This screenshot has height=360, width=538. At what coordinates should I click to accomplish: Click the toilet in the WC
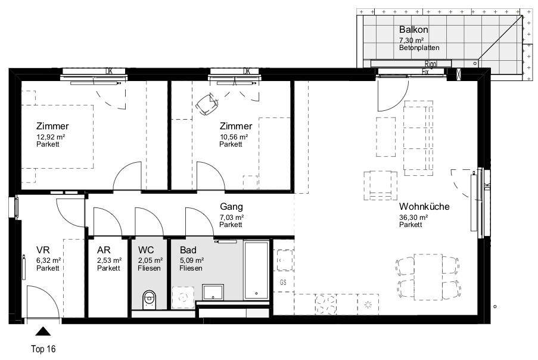[x=148, y=300]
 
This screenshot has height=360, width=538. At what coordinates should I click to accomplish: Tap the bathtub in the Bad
[x=256, y=270]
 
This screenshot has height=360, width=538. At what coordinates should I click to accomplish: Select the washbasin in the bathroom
[x=213, y=293]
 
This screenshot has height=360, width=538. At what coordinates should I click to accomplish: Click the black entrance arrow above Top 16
[x=43, y=331]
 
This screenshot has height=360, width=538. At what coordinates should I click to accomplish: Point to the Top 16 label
[x=43, y=349]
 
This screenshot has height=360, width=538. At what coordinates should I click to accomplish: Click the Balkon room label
[x=413, y=30]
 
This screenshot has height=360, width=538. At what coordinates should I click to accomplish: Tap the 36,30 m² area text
[x=413, y=217]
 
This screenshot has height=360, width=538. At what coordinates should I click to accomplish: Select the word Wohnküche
[x=424, y=207]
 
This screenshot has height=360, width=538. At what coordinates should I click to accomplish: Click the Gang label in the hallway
[x=231, y=207]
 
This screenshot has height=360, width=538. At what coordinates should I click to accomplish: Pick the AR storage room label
[x=104, y=250]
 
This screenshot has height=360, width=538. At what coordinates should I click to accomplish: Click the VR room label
[x=43, y=250]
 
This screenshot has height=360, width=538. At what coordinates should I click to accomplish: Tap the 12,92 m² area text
[x=51, y=137]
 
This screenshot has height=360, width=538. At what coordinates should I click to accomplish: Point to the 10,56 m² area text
[x=234, y=137]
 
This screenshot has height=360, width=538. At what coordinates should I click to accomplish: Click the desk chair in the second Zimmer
[x=207, y=104]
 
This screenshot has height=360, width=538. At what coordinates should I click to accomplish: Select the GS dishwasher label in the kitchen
[x=283, y=283]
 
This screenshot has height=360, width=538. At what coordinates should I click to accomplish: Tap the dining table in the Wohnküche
[x=428, y=277]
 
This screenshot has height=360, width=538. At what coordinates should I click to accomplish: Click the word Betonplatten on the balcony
[x=419, y=48]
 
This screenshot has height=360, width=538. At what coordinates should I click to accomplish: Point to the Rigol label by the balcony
[x=431, y=64]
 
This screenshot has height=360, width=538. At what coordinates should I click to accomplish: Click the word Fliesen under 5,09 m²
[x=191, y=268]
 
